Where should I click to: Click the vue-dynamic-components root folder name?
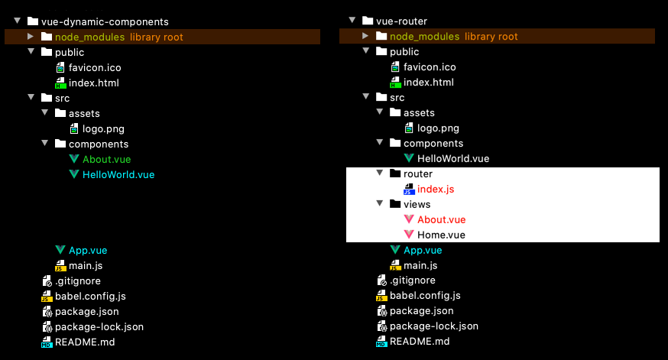pos(105,21)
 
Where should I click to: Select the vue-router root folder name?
pos(401,21)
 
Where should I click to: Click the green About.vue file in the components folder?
pos(106,159)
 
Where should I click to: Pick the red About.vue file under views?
pos(441,220)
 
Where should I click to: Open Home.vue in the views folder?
pos(441,235)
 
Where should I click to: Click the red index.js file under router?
pos(436,189)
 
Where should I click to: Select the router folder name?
pos(418,174)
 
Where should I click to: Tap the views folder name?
pos(417,205)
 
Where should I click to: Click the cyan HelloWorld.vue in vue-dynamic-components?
pos(118,175)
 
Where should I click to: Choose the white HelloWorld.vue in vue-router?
pos(453,158)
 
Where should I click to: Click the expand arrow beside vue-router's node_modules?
pos(365,36)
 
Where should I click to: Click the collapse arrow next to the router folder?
pos(380,173)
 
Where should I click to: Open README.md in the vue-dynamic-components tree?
pos(85,342)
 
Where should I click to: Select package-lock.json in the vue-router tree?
pos(433,326)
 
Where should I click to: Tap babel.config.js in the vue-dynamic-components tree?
pos(90,296)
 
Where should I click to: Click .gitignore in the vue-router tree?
pos(413,281)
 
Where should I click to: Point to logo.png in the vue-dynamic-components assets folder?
pos(103,128)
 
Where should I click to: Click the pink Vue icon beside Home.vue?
pos(409,235)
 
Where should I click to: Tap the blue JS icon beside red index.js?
pos(409,189)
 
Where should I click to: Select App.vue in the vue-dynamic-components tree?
pos(88,251)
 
